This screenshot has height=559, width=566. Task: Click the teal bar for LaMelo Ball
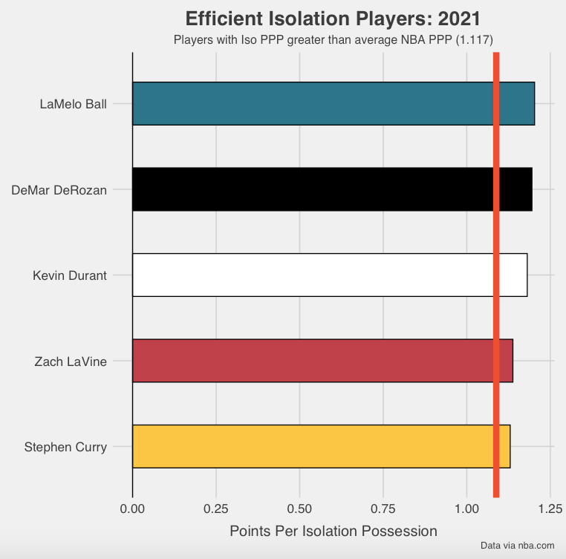(x=312, y=104)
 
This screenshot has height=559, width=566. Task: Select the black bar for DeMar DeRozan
(x=312, y=189)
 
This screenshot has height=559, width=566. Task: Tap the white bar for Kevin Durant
(x=312, y=275)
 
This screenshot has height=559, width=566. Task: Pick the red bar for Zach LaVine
(x=312, y=361)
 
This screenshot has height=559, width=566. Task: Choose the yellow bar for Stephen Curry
(x=312, y=447)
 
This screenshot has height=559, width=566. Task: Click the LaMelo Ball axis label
(x=73, y=104)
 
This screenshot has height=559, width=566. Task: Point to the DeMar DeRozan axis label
(x=59, y=189)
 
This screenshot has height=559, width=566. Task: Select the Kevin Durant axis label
(x=70, y=275)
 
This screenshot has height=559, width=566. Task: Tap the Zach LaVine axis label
(x=71, y=362)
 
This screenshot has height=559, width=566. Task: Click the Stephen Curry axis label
(x=65, y=447)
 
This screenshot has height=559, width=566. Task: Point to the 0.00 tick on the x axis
(x=132, y=509)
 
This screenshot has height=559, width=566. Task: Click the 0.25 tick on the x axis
(x=216, y=509)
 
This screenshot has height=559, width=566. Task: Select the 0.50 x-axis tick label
(x=299, y=509)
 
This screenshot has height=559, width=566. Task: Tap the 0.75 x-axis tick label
(x=383, y=509)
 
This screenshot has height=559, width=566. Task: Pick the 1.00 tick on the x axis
(x=466, y=509)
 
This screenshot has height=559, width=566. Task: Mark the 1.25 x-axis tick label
(x=550, y=509)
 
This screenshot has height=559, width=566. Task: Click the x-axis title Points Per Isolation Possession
(x=334, y=532)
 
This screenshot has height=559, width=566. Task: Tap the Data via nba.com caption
(x=517, y=546)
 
